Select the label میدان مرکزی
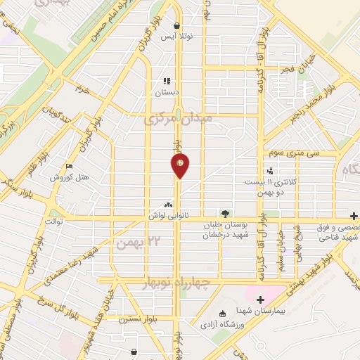click(177, 120)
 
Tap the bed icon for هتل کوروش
click(68, 167)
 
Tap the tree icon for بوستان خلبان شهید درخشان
click(224, 213)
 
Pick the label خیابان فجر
click(292, 69)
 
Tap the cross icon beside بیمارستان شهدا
click(260, 300)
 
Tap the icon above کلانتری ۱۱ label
click(270, 170)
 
